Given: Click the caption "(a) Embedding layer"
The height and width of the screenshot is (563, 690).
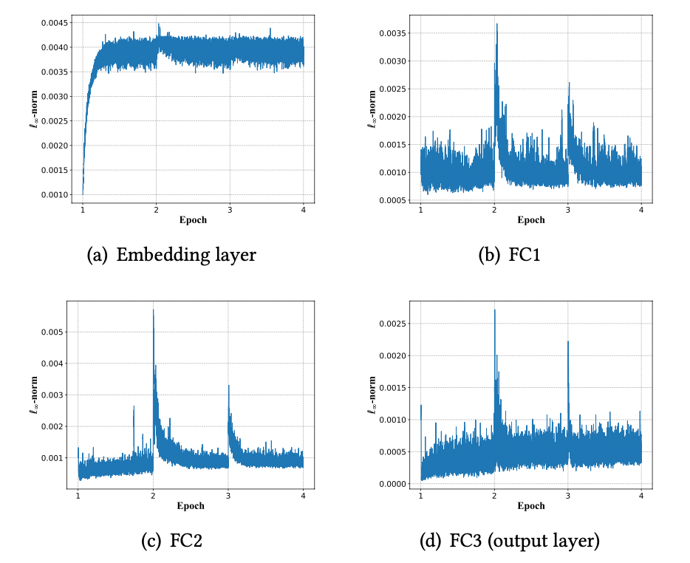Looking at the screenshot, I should (171, 256).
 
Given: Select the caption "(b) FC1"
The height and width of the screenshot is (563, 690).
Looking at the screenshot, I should (509, 256).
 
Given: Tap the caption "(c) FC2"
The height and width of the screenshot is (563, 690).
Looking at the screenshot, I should (171, 542).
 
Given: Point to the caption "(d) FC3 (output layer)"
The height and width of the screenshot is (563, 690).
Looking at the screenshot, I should (510, 542).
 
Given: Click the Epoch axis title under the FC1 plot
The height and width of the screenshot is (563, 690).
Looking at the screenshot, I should (530, 220).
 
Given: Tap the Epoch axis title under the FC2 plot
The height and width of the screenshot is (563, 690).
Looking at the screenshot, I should (191, 506).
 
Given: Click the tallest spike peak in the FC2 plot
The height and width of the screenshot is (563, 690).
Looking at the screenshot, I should (153, 310).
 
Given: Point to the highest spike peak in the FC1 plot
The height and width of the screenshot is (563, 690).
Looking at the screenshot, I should (496, 24).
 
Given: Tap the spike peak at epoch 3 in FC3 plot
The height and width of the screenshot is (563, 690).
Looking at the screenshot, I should (567, 341).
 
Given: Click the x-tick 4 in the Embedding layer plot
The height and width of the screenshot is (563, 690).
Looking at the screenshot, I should (304, 210).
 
